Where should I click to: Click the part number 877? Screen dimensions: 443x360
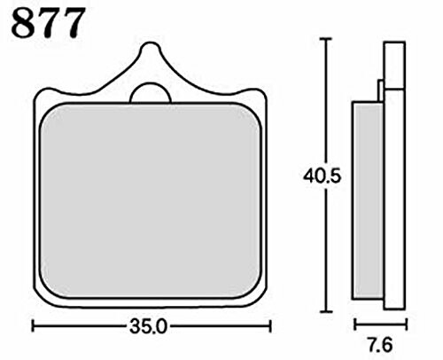coord(48,23)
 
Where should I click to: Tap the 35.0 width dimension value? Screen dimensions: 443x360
coord(149,326)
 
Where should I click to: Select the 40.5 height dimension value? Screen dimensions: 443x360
coord(322,176)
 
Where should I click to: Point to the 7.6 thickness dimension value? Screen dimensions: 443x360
coord(380,345)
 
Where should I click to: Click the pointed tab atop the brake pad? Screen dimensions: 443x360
coord(151,55)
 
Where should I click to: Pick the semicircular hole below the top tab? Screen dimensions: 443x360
coord(151,93)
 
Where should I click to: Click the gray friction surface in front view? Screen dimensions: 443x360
coord(151,200)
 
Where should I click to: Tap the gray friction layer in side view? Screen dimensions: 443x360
coord(368,200)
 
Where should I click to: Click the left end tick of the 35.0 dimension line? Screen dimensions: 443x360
coord(33,326)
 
